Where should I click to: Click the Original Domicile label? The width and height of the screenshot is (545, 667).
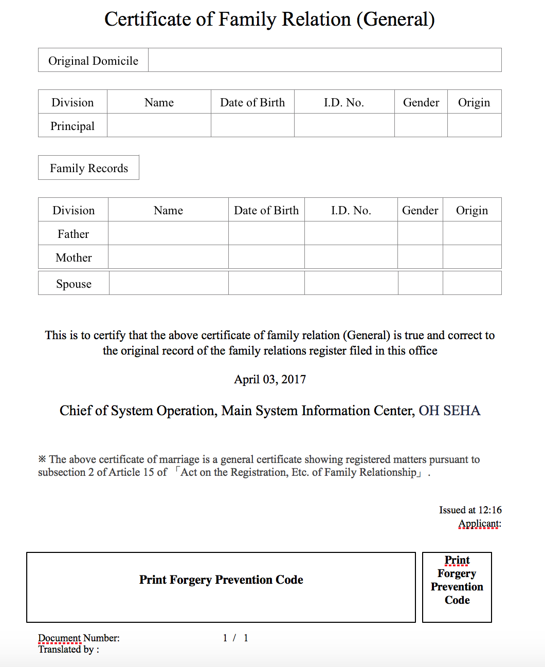tap(93, 61)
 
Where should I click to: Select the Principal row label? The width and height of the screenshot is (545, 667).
tap(72, 126)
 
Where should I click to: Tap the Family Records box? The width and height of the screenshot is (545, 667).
tap(88, 168)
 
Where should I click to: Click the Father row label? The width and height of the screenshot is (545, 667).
tap(73, 234)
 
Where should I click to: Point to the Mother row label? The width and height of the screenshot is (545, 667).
tap(74, 257)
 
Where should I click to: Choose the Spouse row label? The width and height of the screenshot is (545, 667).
tap(74, 284)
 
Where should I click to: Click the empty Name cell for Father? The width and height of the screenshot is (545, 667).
tap(168, 234)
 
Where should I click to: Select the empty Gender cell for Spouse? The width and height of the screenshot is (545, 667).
tap(420, 283)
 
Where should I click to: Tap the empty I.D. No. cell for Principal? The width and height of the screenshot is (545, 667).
tap(344, 125)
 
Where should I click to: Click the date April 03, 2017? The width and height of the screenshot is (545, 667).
tap(270, 379)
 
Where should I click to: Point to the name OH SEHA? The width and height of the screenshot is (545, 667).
tap(449, 411)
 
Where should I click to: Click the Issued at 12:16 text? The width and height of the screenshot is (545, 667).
tap(470, 510)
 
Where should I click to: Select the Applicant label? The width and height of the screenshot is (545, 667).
tap(479, 524)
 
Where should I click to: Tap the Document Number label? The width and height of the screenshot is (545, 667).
tap(79, 638)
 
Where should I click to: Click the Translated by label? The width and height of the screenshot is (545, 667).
tap(68, 650)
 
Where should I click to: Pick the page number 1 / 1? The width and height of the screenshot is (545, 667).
tap(235, 638)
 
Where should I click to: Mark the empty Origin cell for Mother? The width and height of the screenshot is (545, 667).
tap(471, 257)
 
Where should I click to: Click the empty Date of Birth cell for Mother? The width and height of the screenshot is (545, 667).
tap(266, 257)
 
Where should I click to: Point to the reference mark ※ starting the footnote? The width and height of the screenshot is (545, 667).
tap(42, 459)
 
